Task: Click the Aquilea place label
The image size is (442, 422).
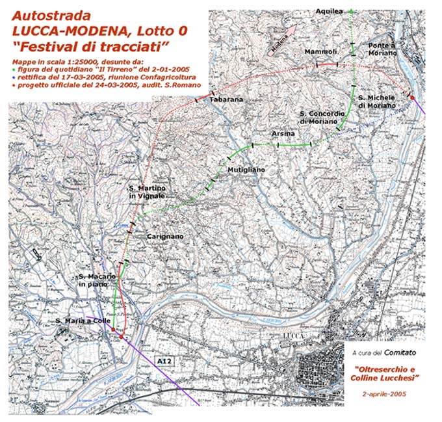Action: (x=329, y=11)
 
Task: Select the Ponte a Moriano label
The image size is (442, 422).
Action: (x=382, y=49)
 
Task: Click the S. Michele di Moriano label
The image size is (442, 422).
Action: (x=377, y=101)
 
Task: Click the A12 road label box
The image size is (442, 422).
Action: (x=162, y=360)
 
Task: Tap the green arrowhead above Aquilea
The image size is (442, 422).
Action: (x=351, y=10)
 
